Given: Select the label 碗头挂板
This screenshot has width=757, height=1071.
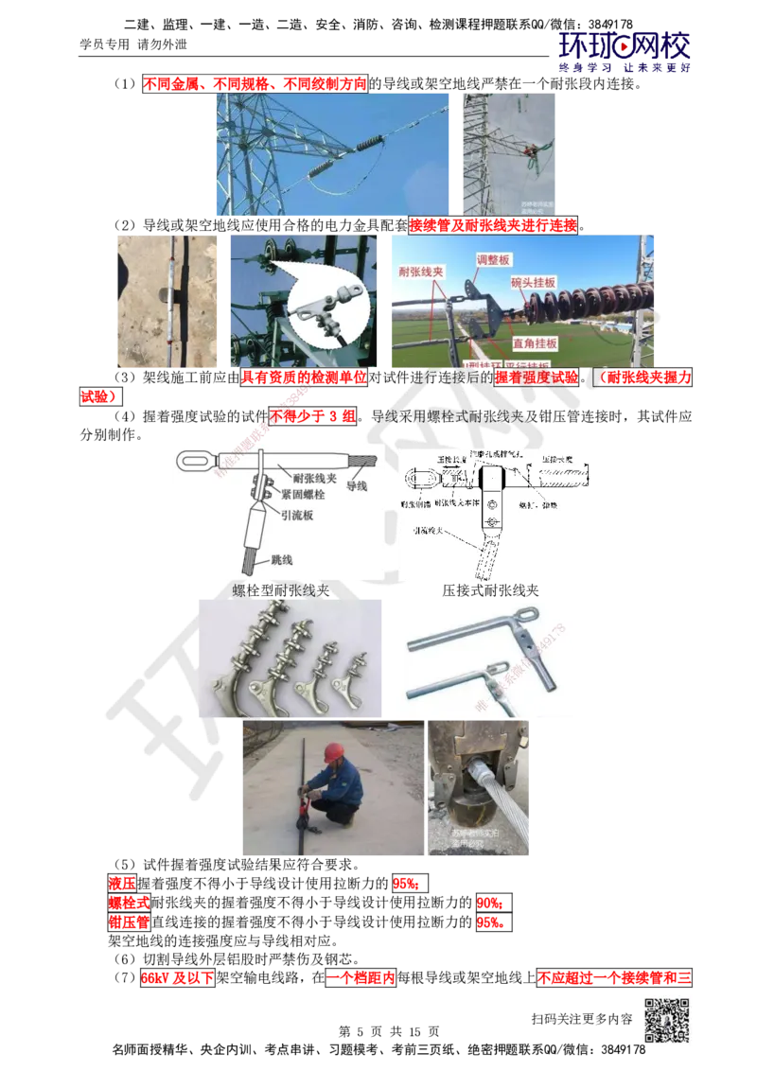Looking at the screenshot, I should [534, 283].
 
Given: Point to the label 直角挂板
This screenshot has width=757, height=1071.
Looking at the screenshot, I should [536, 344].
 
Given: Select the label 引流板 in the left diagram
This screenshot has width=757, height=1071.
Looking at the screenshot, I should [298, 515].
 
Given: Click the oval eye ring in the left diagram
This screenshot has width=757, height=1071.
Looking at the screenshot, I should [195, 461].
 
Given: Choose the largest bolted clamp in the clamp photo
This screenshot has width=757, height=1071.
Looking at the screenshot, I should [239, 662].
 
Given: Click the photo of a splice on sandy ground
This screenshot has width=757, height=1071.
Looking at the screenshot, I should [167, 303].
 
